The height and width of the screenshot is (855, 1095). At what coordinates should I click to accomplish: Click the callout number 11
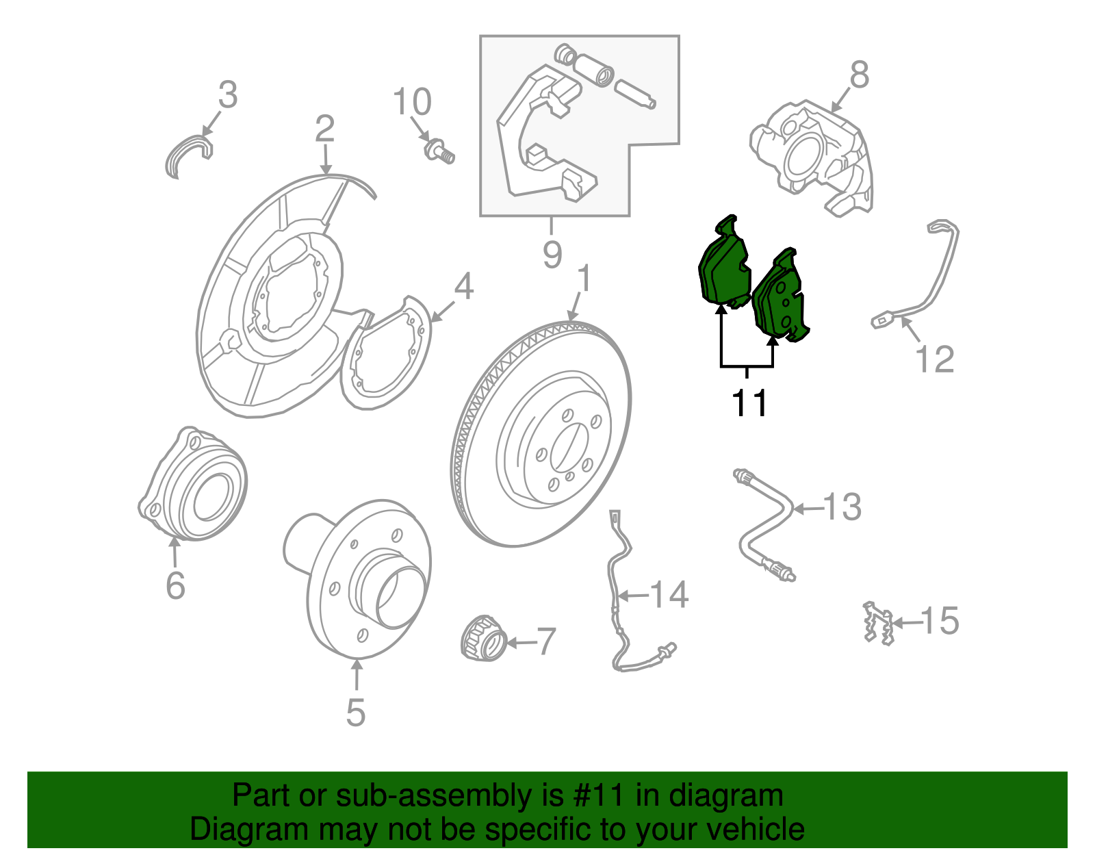749,403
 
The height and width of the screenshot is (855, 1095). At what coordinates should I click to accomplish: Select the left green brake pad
723,267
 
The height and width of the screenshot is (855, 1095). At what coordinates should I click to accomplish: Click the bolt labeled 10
439,151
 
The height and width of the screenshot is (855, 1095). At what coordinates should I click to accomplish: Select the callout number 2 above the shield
324,128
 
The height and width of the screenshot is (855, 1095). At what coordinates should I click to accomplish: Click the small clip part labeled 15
877,622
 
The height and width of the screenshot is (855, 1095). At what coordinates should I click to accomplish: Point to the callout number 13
842,507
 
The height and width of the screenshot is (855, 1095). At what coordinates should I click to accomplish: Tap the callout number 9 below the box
552,255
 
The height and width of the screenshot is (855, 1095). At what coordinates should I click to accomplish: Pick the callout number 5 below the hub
355,713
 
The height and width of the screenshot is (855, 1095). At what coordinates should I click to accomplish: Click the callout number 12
934,359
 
